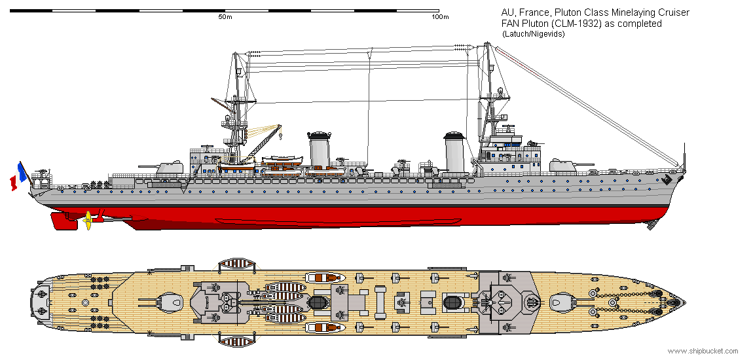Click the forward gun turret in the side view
(563, 166)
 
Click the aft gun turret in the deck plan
(172, 302)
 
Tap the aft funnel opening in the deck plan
(318, 302)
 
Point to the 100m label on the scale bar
(440, 17)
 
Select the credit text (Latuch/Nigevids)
(533, 34)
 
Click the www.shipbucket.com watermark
(703, 351)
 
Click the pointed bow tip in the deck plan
(684, 302)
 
